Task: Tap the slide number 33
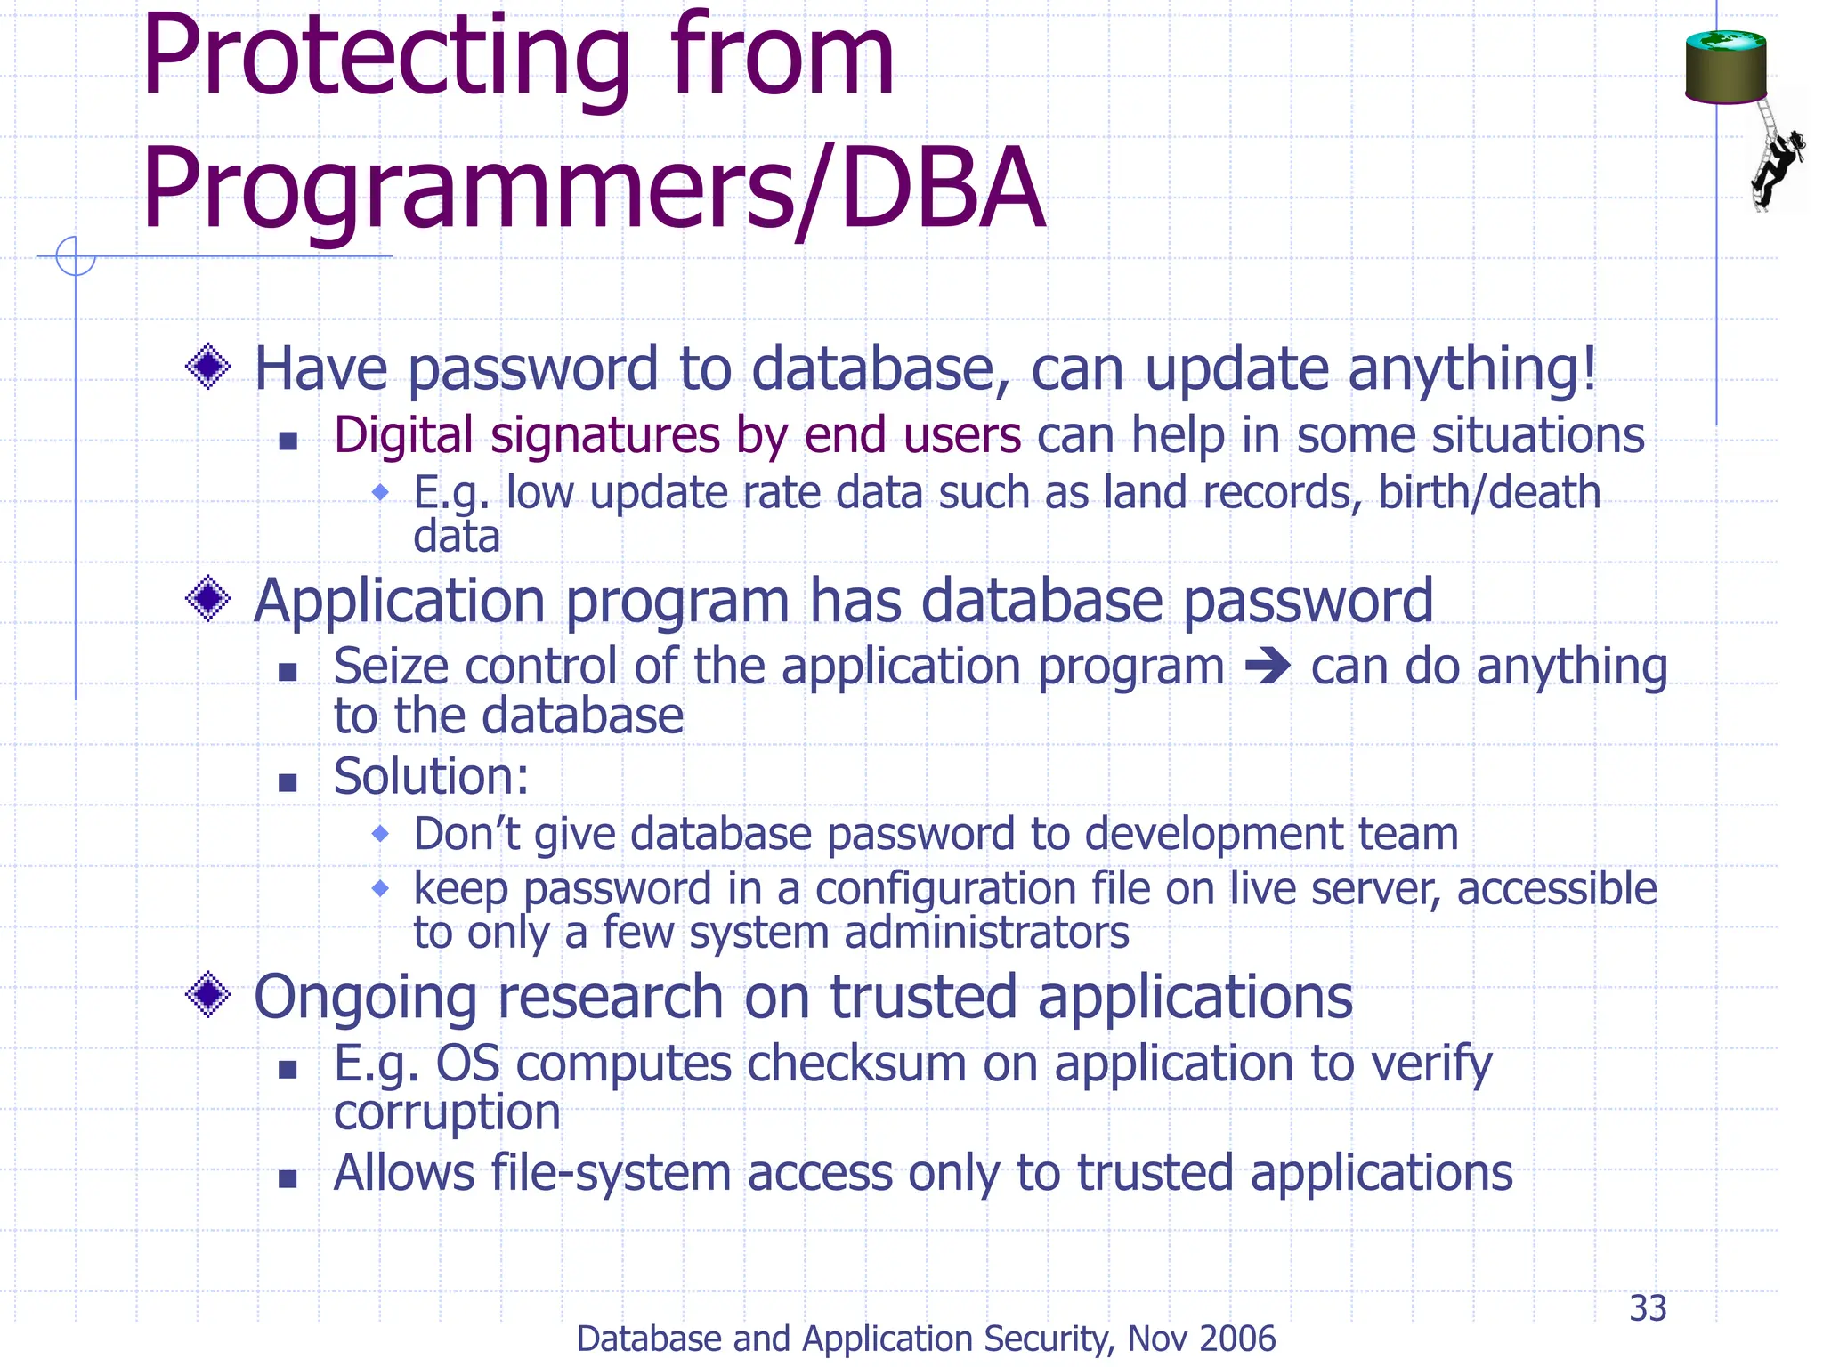[1648, 1308]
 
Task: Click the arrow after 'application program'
[1268, 666]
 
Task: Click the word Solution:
[431, 777]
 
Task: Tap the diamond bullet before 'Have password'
[208, 367]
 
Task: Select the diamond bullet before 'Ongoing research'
[208, 994]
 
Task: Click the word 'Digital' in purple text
[402, 436]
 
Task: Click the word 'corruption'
[447, 1112]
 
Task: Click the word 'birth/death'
[1489, 492]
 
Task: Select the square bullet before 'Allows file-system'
[287, 1179]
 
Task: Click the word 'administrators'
[985, 933]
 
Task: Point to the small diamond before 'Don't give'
[380, 834]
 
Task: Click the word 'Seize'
[389, 667]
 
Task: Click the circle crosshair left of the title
[76, 256]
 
